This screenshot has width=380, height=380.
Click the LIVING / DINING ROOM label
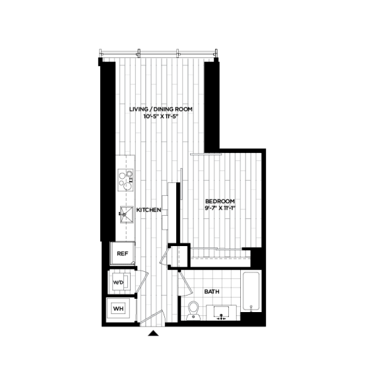point(161,109)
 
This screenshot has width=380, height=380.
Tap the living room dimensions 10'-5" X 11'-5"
point(161,116)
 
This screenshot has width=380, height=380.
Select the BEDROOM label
point(220,201)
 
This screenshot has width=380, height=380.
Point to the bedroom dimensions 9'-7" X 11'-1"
point(220,208)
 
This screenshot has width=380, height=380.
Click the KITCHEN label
point(149,210)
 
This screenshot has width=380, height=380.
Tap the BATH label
point(212,292)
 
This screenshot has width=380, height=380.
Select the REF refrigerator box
point(123,253)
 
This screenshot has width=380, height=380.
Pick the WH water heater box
point(118,309)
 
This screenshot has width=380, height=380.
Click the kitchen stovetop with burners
point(125,180)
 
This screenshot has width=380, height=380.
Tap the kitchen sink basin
point(126,214)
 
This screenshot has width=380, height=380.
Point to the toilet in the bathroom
point(193,311)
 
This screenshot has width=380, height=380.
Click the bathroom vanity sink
point(221,313)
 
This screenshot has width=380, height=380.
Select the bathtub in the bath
point(251,291)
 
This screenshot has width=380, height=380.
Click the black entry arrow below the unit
point(153,333)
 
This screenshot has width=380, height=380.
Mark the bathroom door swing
point(185,284)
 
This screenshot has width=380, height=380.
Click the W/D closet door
point(142,282)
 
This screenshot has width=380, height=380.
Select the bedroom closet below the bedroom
point(220,258)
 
